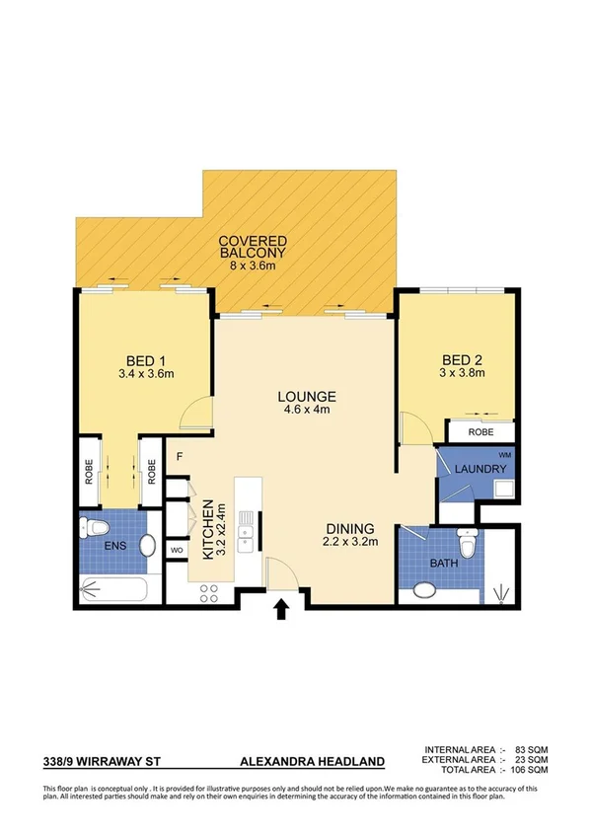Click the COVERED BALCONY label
point(253,247)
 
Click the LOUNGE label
point(306,395)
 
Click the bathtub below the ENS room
point(114,590)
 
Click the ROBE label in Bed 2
point(480,432)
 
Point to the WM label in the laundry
point(504,454)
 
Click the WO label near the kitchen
point(178,549)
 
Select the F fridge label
point(180,457)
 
